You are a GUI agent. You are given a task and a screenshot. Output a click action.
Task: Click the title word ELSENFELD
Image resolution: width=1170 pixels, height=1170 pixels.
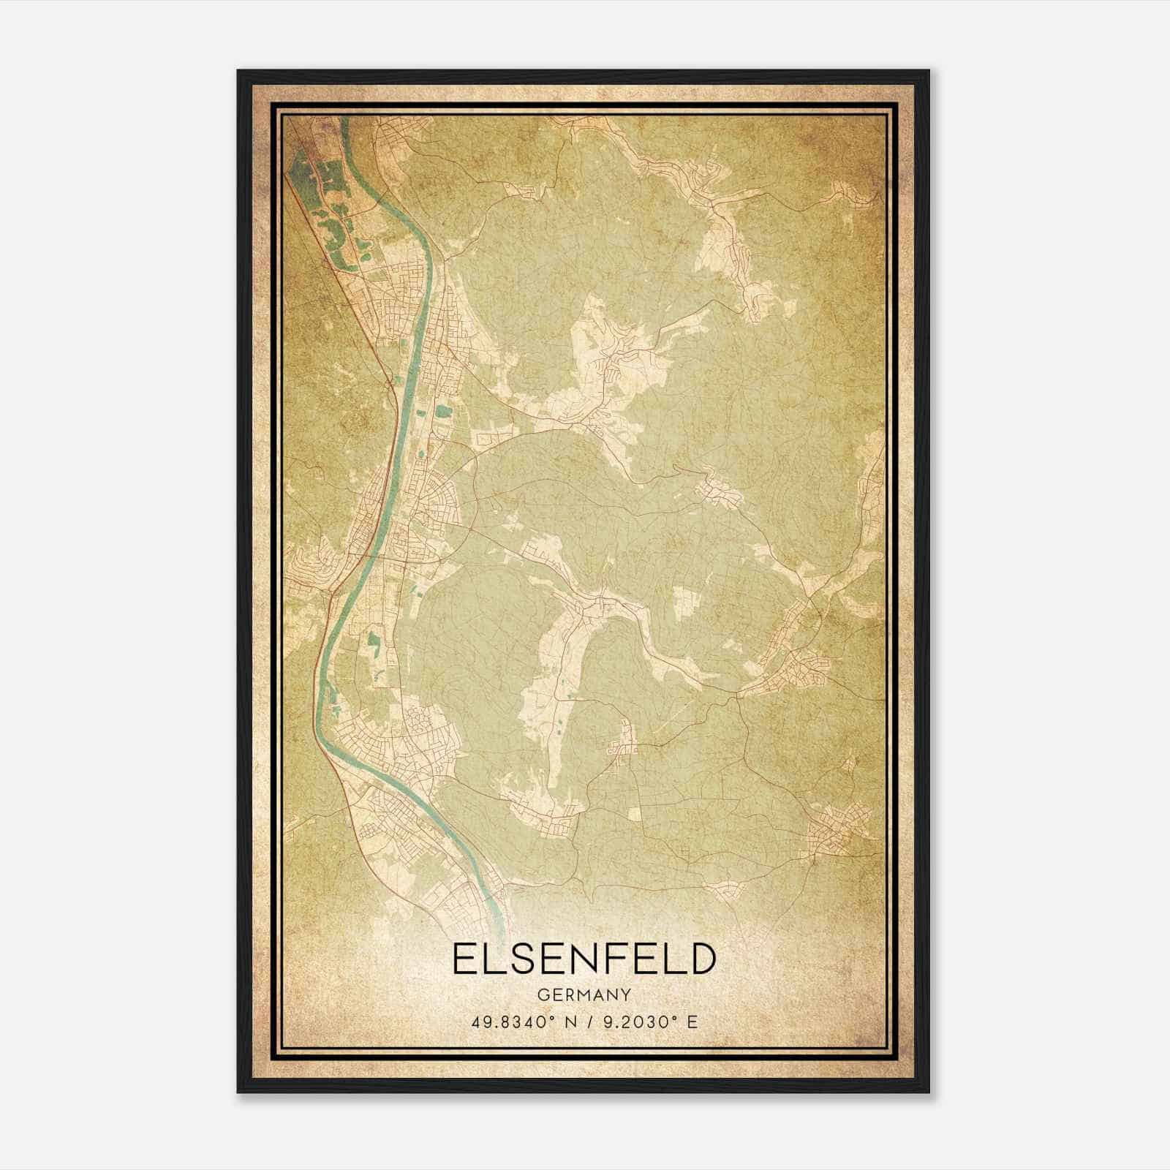(x=583, y=959)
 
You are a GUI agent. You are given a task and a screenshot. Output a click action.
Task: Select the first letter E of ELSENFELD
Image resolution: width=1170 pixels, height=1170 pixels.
(x=464, y=959)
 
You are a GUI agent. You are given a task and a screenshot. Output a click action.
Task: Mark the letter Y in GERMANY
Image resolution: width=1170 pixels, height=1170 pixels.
(x=625, y=995)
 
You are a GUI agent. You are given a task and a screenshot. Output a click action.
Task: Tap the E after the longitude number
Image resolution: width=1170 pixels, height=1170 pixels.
(x=692, y=1022)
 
